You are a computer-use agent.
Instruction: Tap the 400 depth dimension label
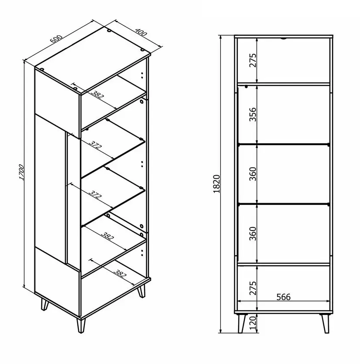[141, 33]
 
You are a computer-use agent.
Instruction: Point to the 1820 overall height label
[218, 184]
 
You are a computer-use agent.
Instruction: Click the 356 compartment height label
[253, 114]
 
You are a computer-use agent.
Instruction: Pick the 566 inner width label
[283, 297]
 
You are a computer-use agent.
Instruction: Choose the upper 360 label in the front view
[253, 174]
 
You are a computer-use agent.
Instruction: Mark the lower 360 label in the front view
[253, 234]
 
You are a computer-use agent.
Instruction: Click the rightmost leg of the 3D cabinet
[142, 292]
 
